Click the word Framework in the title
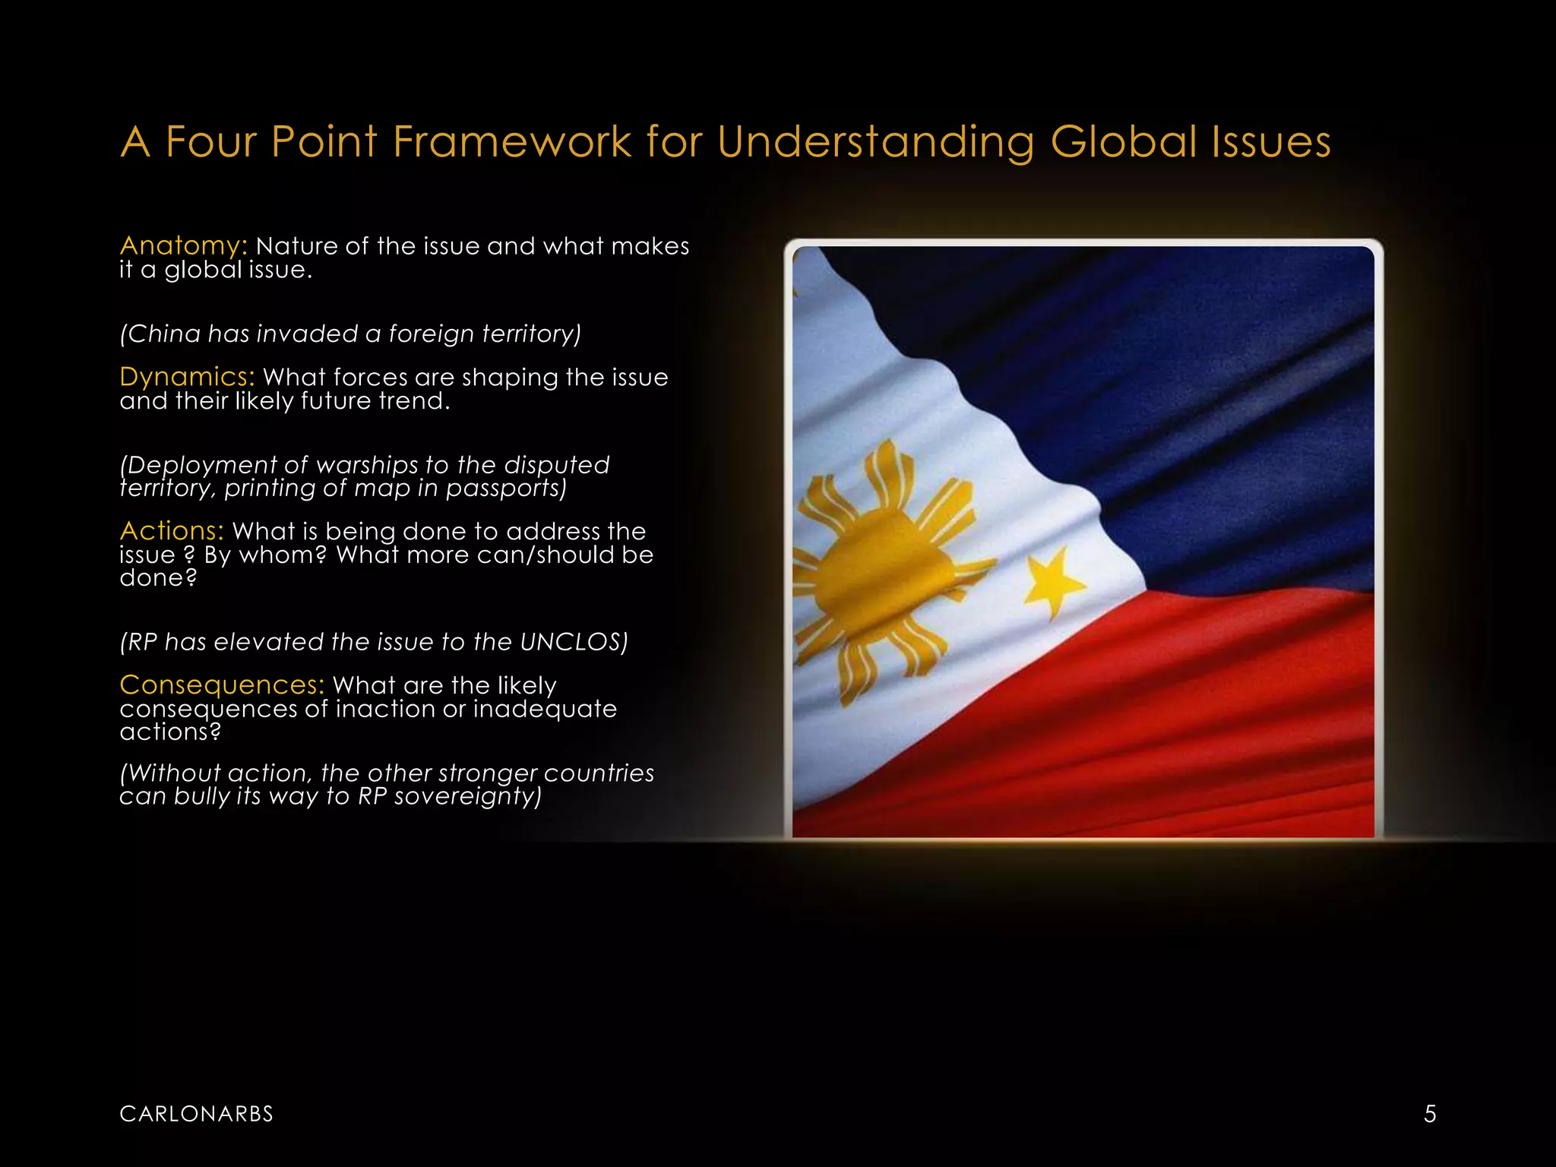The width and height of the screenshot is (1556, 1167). pyautogui.click(x=512, y=142)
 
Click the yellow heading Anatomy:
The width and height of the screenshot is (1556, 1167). pyautogui.click(x=183, y=245)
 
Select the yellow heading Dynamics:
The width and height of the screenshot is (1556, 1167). pyautogui.click(x=187, y=377)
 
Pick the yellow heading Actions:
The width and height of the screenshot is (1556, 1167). pyautogui.click(x=172, y=530)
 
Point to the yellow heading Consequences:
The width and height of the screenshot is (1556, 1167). pyautogui.click(x=222, y=685)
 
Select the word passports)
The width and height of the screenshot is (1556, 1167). pyautogui.click(x=506, y=488)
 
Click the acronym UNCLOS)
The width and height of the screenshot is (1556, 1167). pyautogui.click(x=574, y=642)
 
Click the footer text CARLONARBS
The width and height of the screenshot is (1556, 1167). pyautogui.click(x=196, y=1114)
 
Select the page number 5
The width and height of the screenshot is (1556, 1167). pyautogui.click(x=1430, y=1114)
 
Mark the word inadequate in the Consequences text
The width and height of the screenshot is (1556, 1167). pyautogui.click(x=545, y=709)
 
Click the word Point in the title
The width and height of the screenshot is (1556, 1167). pyautogui.click(x=324, y=142)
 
